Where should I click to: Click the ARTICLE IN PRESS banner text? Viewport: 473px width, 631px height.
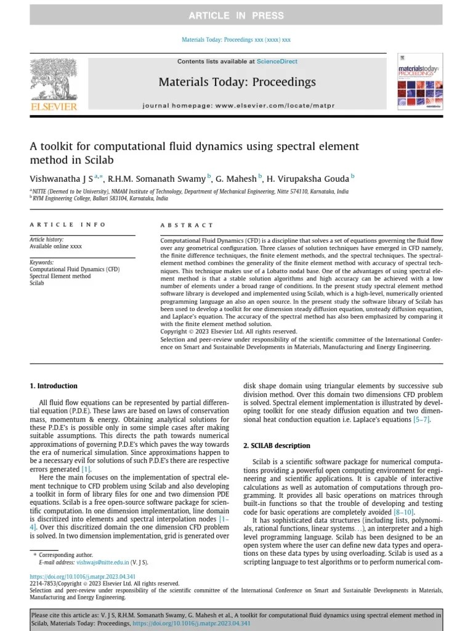tap(236, 15)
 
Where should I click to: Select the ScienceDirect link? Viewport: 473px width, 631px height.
tap(277, 62)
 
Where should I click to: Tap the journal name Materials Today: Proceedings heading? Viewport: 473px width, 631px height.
tap(237, 82)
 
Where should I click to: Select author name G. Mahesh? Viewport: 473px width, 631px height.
tap(236, 179)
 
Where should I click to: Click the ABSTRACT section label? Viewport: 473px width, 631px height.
tap(187, 226)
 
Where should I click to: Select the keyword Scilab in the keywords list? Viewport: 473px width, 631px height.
tap(38, 283)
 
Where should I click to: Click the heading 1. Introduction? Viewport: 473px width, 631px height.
tap(54, 386)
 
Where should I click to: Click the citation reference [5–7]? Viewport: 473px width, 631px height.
tap(421, 420)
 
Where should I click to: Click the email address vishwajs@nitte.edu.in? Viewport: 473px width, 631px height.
tap(103, 563)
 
